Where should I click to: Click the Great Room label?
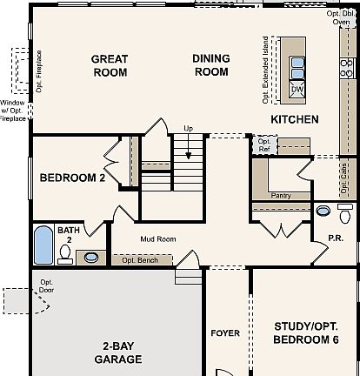click(x=110, y=66)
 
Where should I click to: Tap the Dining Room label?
click(x=211, y=65)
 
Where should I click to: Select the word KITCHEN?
click(x=295, y=119)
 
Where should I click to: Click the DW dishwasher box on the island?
click(x=297, y=90)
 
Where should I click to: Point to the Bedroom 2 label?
click(x=72, y=178)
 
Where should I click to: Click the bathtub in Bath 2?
click(x=43, y=245)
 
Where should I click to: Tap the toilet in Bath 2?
click(x=65, y=254)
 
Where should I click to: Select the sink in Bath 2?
click(x=91, y=258)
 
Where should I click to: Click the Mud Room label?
click(x=158, y=239)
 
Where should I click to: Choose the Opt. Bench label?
click(x=140, y=260)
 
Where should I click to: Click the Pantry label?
click(x=281, y=196)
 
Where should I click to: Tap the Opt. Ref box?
click(x=264, y=145)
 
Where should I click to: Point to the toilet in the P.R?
click(x=345, y=213)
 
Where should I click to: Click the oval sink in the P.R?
click(x=323, y=211)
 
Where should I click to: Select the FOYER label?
click(x=225, y=333)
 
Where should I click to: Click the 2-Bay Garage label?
click(x=118, y=352)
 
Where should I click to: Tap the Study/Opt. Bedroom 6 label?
click(x=306, y=332)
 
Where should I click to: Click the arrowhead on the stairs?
click(x=189, y=156)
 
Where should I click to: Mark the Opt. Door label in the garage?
click(x=46, y=285)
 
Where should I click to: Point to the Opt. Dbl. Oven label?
click(x=341, y=17)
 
